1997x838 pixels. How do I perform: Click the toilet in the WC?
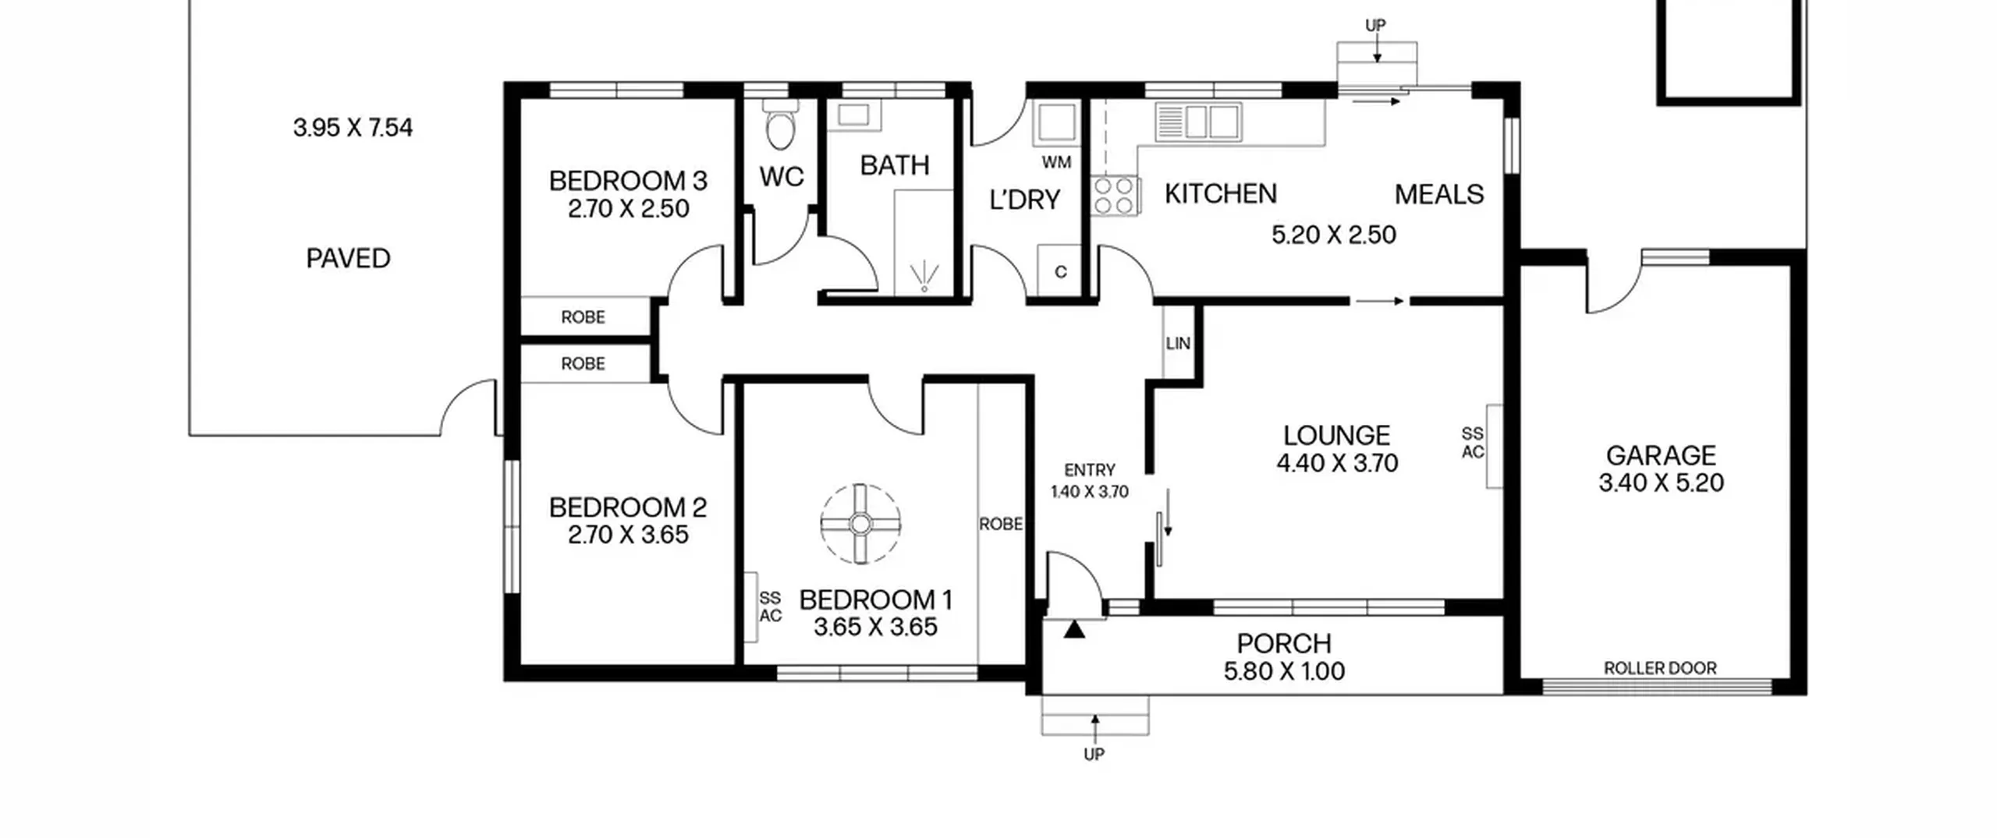(780, 125)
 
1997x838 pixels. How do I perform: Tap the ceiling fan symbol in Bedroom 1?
(860, 524)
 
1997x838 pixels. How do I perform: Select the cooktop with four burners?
(1115, 196)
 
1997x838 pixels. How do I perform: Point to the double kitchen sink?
(1198, 122)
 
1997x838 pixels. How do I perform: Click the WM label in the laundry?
(1056, 162)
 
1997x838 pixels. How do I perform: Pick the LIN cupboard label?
(1178, 343)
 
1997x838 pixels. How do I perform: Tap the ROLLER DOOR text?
(1660, 668)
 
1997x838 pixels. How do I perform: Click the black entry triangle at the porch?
(1074, 628)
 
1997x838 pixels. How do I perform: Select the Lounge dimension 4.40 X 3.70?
(1337, 463)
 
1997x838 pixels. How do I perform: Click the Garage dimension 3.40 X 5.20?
(1661, 483)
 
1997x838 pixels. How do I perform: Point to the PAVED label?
(348, 258)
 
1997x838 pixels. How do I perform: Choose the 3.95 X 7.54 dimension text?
(353, 127)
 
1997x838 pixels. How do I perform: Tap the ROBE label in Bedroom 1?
(1001, 524)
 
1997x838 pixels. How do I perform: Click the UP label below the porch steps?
(1094, 754)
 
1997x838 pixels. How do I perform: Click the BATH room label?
(895, 165)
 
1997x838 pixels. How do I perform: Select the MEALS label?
(1439, 194)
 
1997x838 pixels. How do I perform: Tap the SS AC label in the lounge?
(1473, 443)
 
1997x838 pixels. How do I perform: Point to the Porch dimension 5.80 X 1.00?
(1284, 671)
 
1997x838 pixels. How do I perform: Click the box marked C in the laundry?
(1059, 270)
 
